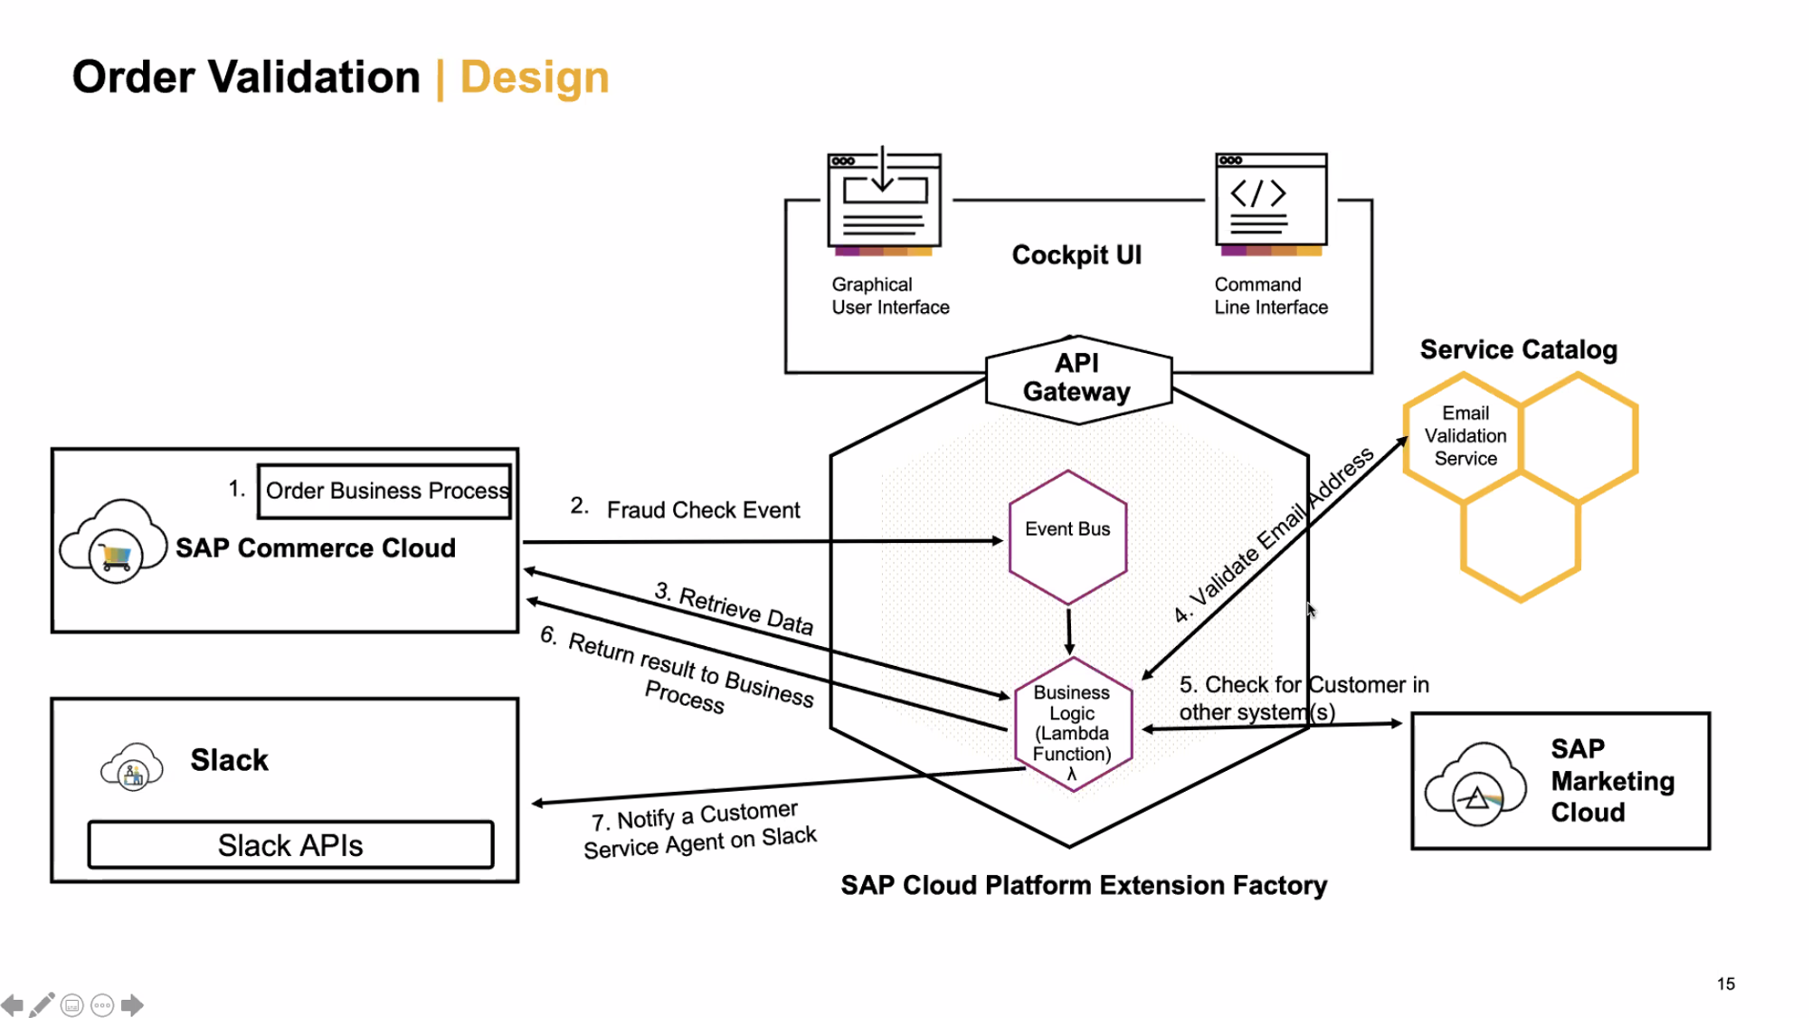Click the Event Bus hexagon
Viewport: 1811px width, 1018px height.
tap(1067, 537)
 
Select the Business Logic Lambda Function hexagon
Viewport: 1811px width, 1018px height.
tap(1072, 725)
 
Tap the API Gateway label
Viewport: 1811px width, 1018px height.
tap(1076, 377)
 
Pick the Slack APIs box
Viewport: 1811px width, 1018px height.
tap(290, 845)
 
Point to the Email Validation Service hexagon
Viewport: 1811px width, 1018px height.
tap(1465, 436)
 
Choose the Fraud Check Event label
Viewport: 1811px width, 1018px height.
tap(703, 510)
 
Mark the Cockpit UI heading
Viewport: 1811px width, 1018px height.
tap(1076, 255)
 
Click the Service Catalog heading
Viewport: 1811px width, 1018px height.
tap(1518, 349)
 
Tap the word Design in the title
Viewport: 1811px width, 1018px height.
tap(534, 77)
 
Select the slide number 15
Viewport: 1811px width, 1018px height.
tap(1725, 984)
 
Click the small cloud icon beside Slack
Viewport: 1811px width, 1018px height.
tap(132, 767)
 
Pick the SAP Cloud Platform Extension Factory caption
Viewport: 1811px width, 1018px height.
tap(1084, 885)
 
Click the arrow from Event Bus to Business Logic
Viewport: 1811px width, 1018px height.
tap(1069, 631)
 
